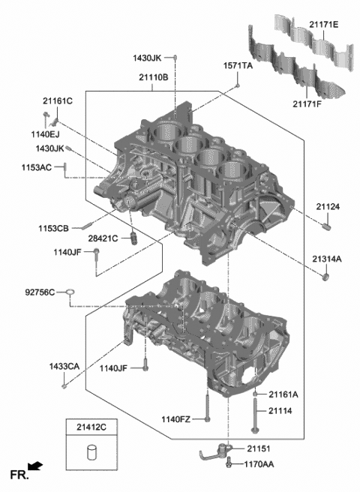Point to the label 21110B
coord(153,77)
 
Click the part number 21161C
coord(58,100)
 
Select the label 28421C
coord(103,238)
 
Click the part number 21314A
coord(327,259)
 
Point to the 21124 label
coord(327,206)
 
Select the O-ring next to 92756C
coord(69,292)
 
